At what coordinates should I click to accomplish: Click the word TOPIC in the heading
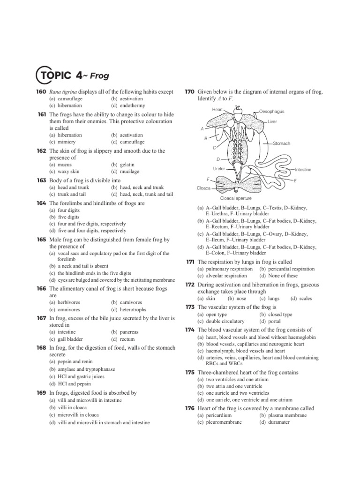coord(54,75)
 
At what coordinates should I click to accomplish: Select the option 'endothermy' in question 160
coord(128,106)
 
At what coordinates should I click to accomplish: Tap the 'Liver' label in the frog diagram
coord(272,121)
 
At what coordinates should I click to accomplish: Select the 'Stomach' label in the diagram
coord(282,143)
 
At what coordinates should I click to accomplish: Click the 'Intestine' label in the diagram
coord(303,169)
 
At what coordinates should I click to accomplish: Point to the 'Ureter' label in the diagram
coord(219,168)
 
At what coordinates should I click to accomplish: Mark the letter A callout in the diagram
coord(202,128)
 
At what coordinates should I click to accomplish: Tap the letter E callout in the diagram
coord(295,180)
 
